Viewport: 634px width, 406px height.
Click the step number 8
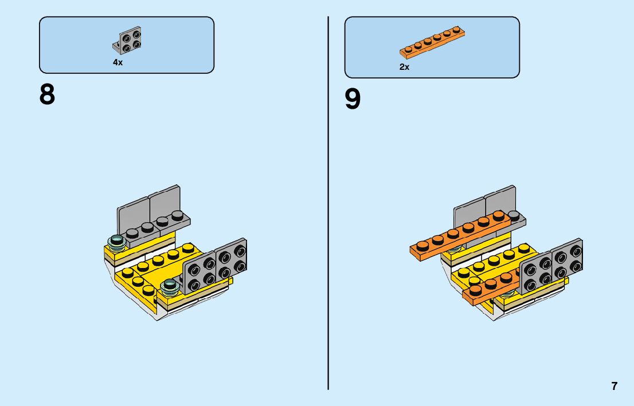(47, 94)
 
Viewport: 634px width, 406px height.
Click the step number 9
(353, 100)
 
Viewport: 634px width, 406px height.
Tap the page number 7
(615, 386)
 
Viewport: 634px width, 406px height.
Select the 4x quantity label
(118, 62)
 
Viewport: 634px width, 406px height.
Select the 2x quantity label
(404, 67)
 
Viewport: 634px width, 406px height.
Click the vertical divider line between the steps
(328, 200)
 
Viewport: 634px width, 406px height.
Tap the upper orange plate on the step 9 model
(459, 233)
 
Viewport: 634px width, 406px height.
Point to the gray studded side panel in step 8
(215, 266)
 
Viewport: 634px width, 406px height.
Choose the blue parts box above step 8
(126, 45)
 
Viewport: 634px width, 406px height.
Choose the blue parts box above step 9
(432, 47)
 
